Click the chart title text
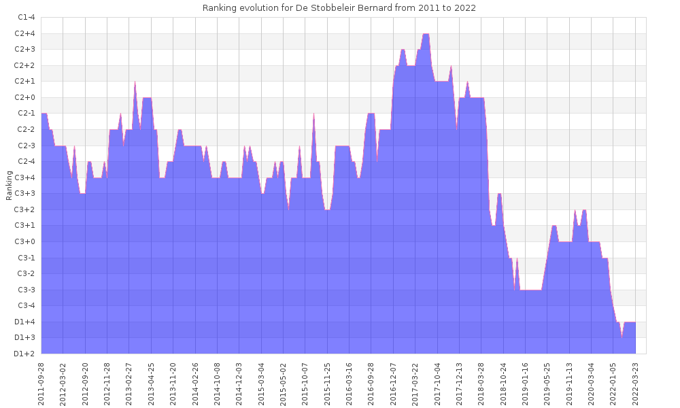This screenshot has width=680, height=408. point(339,8)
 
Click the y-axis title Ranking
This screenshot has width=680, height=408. point(9,185)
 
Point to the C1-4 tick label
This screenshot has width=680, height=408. point(25,17)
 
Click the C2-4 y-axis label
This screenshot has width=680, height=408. point(25,161)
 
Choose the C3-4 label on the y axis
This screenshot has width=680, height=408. point(25,305)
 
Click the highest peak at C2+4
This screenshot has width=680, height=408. point(426,34)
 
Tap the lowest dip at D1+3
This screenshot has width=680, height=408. point(622,337)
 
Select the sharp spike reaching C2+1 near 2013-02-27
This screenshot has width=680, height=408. point(135,82)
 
